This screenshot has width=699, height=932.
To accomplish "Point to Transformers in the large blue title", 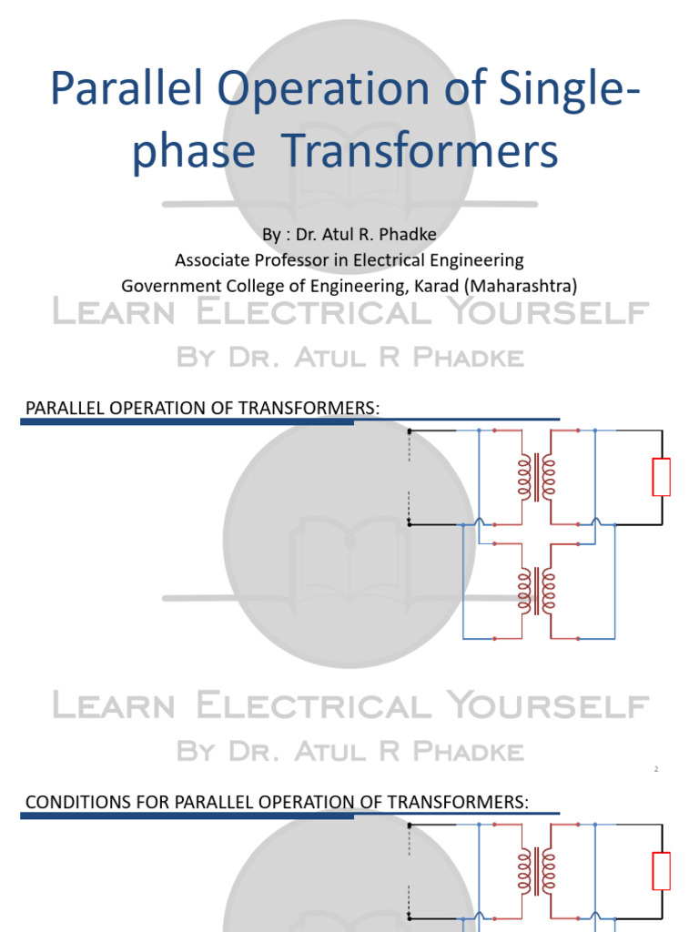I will pos(433,151).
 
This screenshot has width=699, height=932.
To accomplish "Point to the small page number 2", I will pos(655,770).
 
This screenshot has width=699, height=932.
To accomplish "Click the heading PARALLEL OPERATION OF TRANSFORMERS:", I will pos(201,408).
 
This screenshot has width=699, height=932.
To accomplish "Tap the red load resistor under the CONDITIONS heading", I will pos(662,871).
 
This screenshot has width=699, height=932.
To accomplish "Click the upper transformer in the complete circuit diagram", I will pos(536,477).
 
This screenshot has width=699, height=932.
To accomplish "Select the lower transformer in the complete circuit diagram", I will pos(536,590).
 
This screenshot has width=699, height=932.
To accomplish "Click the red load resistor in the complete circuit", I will pos(662,477).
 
